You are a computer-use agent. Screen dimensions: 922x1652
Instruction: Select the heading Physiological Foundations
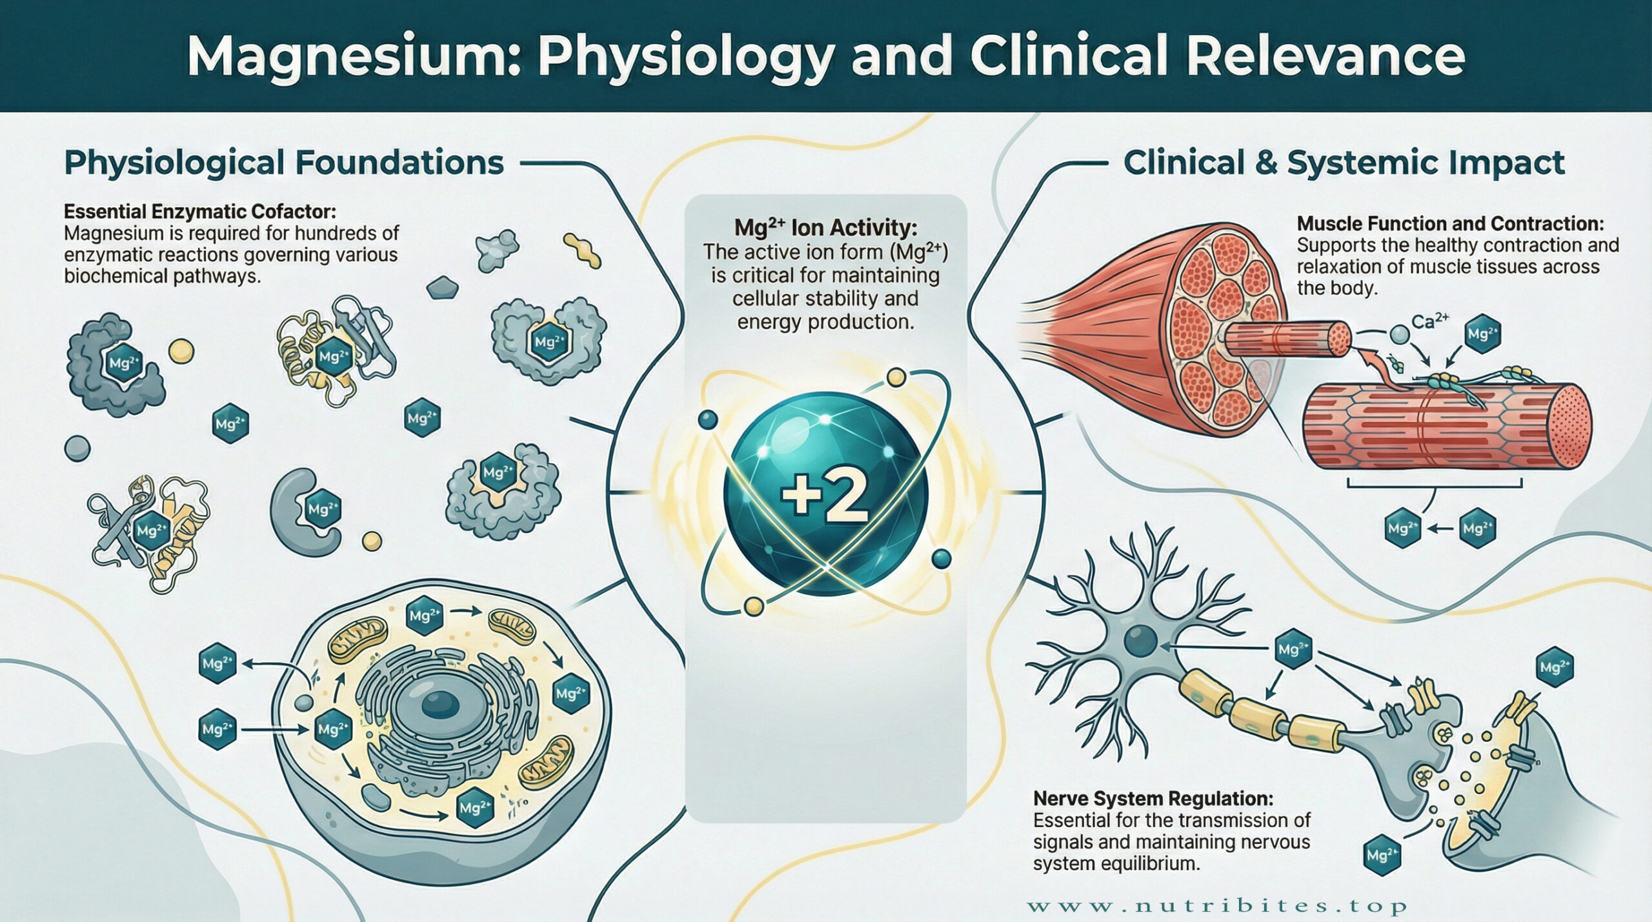(284, 163)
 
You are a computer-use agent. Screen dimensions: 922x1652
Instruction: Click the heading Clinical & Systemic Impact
(1344, 163)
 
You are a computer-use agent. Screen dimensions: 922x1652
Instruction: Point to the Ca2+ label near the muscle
(1430, 320)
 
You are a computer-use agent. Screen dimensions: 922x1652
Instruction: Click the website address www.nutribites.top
(1216, 906)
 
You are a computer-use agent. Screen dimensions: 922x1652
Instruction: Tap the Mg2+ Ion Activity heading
(825, 228)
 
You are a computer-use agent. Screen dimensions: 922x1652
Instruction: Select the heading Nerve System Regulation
(1153, 799)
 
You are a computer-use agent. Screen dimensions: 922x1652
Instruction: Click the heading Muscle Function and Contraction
(1450, 224)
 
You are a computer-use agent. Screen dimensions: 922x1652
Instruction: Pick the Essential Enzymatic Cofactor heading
(200, 212)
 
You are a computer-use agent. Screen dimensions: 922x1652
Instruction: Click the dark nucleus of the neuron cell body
(1140, 642)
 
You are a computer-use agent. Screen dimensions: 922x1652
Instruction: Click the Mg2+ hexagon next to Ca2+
(1482, 334)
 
